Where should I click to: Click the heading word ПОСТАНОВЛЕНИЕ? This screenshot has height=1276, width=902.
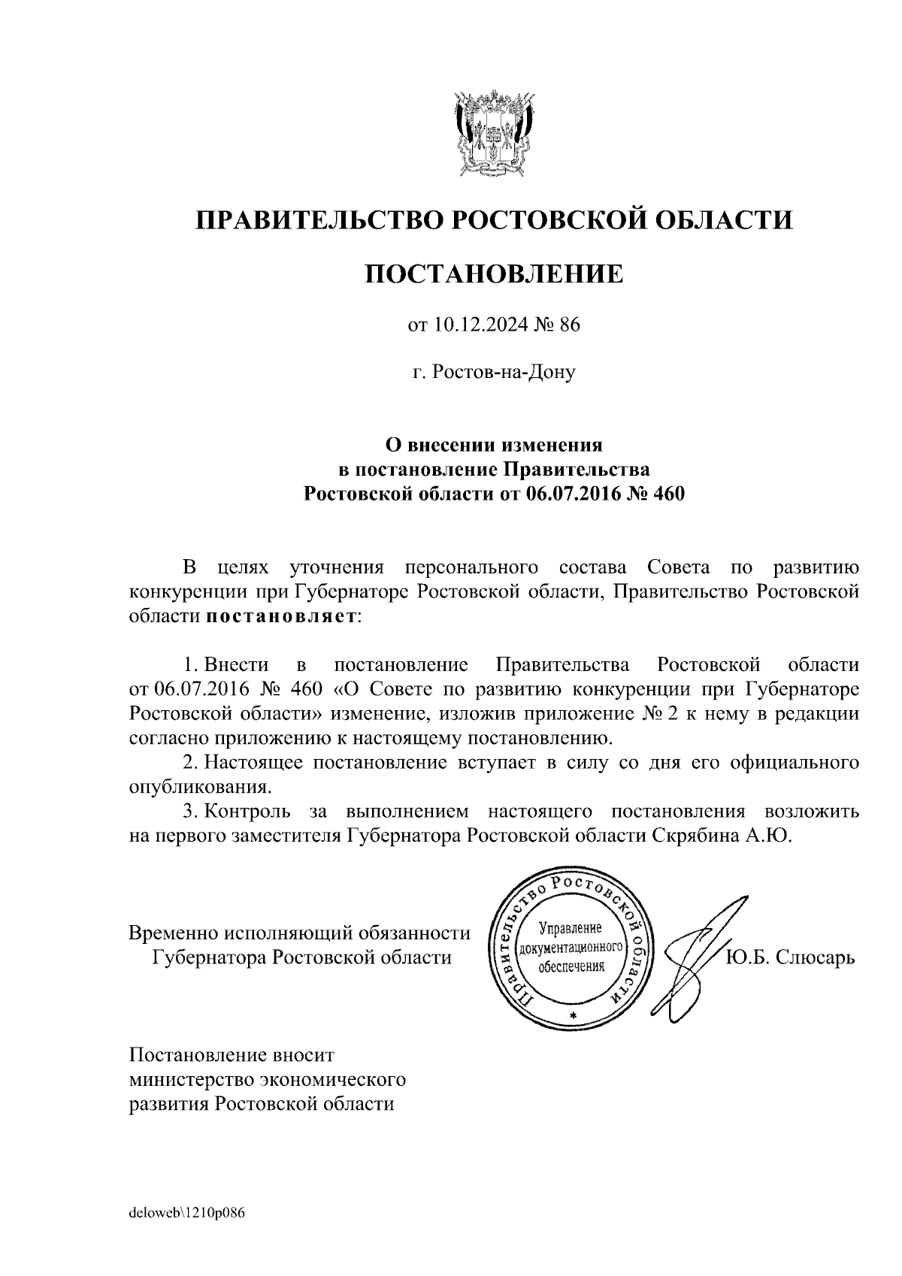[x=494, y=274]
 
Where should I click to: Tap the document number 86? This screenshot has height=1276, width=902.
[x=570, y=325]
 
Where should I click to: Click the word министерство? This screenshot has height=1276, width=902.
[x=189, y=1080]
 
